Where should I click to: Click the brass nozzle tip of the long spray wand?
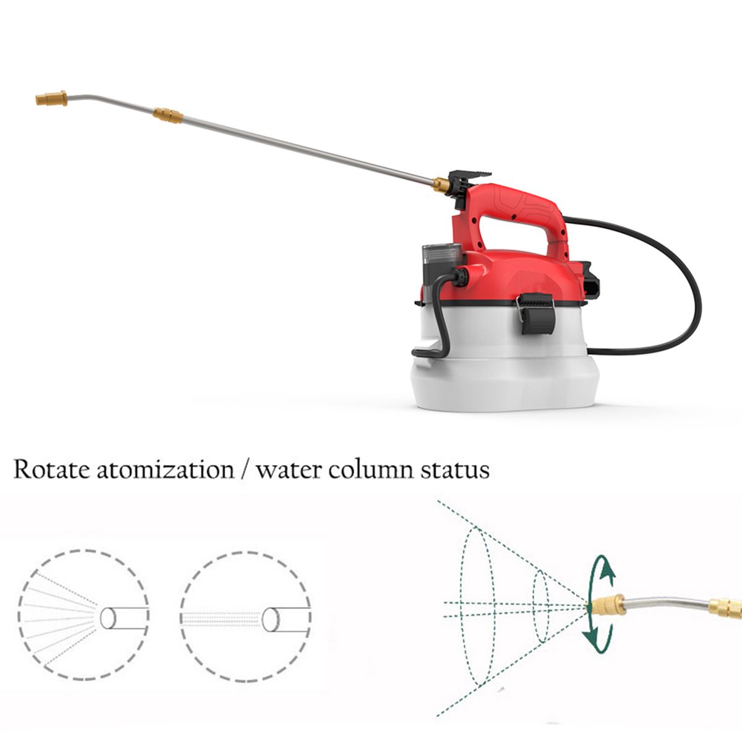click(51, 98)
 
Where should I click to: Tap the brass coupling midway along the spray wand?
click(168, 116)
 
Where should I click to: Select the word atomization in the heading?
click(166, 470)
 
